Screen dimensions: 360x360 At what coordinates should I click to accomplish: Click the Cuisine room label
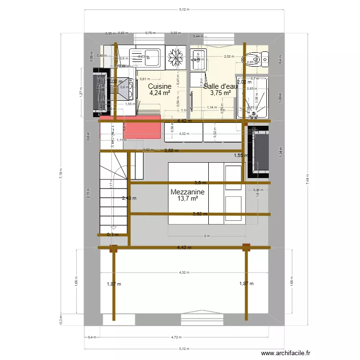click(x=159, y=86)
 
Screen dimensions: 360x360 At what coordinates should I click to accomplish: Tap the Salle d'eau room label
click(x=220, y=86)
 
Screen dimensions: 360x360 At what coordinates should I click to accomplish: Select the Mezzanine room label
click(x=187, y=192)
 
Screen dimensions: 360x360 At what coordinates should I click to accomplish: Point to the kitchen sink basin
click(x=152, y=57)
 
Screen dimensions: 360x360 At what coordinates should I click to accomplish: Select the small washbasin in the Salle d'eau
click(x=197, y=57)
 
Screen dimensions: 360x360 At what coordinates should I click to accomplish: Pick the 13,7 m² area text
click(x=188, y=198)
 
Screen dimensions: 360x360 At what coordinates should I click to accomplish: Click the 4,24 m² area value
click(x=159, y=93)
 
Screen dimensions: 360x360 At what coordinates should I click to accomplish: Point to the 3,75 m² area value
click(x=220, y=93)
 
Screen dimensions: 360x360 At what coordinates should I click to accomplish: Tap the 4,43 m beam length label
click(x=184, y=248)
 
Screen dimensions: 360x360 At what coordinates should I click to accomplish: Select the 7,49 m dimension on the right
click(x=305, y=176)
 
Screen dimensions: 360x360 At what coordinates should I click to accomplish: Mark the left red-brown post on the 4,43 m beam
click(x=114, y=248)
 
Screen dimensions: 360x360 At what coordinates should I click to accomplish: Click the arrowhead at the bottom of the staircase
click(x=113, y=228)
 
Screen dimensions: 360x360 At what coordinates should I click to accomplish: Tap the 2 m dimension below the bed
click(x=207, y=236)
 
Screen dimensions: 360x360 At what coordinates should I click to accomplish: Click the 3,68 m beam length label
click(x=171, y=150)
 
